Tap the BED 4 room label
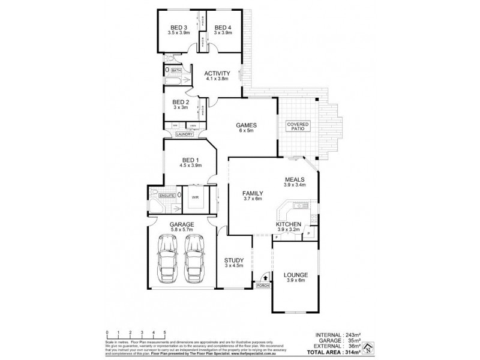click(223, 27)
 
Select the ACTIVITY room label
click(217, 73)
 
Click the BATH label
click(176, 71)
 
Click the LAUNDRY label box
click(184, 134)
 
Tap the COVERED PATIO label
click(298, 125)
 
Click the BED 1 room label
click(191, 160)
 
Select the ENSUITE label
click(167, 196)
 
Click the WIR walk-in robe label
click(196, 196)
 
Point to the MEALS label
click(295, 179)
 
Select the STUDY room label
click(233, 261)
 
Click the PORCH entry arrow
click(263, 278)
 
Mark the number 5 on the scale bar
click(164, 332)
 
